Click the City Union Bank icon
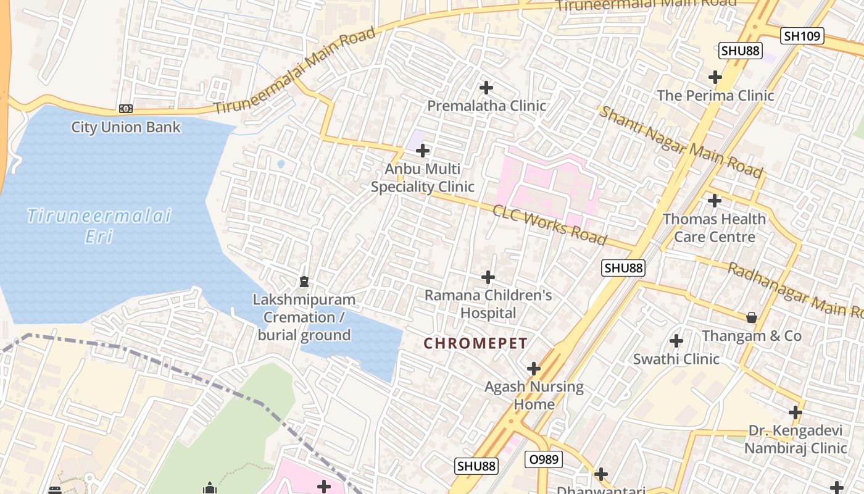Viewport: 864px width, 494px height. (126, 109)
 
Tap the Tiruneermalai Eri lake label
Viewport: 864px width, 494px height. (99, 226)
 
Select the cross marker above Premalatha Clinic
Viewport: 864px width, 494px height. (486, 88)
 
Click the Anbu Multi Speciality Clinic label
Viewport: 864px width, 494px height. (423, 178)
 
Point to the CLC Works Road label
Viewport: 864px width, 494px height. (549, 225)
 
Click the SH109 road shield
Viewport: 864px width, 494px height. (802, 36)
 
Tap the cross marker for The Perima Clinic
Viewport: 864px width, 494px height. (715, 77)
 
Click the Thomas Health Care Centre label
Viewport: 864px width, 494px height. (715, 228)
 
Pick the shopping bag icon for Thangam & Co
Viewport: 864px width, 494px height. (752, 317)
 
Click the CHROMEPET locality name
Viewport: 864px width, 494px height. (476, 344)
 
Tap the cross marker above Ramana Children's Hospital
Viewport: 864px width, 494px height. (488, 277)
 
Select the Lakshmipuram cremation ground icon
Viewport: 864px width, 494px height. (304, 282)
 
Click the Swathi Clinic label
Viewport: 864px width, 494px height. (676, 359)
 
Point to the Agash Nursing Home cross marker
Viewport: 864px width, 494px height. (534, 369)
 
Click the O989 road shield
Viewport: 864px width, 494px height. (544, 459)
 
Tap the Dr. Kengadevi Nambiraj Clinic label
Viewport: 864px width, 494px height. (795, 439)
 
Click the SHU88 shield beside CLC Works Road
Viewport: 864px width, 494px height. (624, 268)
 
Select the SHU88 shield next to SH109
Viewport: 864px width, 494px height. (741, 51)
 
